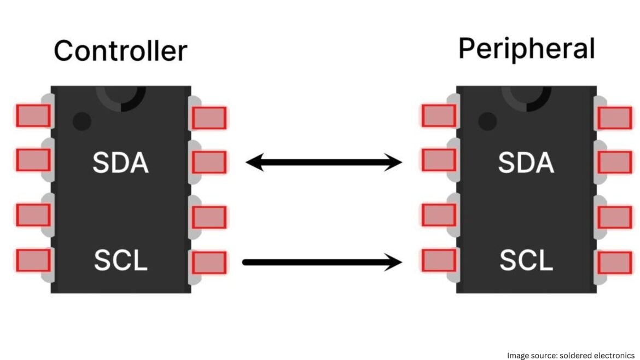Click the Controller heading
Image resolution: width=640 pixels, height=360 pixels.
click(120, 51)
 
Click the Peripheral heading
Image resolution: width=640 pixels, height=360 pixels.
click(526, 49)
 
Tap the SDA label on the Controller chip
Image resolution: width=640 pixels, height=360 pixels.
click(120, 162)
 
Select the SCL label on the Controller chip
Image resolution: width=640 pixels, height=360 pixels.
click(120, 260)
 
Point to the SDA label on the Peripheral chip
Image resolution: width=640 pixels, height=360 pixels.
click(526, 162)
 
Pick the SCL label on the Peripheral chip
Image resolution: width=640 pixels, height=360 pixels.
click(526, 260)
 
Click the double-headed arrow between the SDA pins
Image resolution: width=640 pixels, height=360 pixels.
click(324, 162)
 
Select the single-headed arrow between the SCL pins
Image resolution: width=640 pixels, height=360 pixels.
click(323, 262)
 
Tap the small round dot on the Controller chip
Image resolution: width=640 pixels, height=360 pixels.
click(82, 120)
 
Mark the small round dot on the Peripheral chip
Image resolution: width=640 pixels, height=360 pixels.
click(487, 120)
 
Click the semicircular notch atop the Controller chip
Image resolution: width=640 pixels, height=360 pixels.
click(121, 97)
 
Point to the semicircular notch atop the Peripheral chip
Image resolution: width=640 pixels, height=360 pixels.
click(526, 97)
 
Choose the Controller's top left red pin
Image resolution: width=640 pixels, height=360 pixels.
click(33, 116)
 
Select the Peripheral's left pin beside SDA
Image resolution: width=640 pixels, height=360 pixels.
click(438, 160)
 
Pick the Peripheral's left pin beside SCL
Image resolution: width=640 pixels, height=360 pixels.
click(438, 260)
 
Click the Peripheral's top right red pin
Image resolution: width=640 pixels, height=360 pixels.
click(614, 118)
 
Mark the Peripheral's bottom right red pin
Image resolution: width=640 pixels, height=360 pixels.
click(614, 263)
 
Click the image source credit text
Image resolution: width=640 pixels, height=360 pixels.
click(571, 355)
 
